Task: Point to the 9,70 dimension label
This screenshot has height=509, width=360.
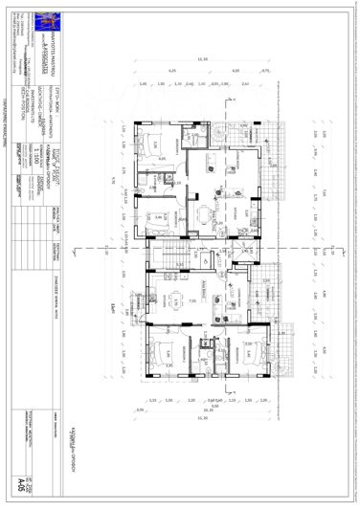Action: tap(111, 177)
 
